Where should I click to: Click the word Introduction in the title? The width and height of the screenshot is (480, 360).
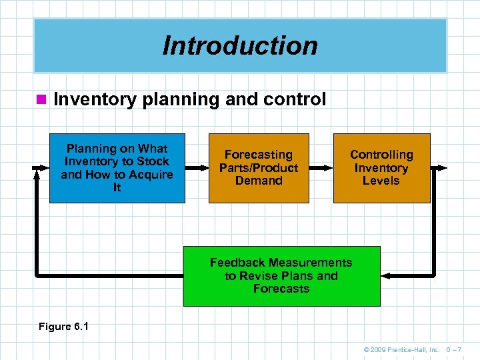point(240,46)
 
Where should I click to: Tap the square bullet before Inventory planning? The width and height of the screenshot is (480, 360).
point(41,100)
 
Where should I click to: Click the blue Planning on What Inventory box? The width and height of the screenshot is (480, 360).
point(117,168)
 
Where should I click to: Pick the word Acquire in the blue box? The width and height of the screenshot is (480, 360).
point(151,175)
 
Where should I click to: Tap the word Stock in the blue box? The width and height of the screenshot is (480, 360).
point(153,161)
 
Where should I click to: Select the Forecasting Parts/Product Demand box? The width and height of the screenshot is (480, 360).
point(259,168)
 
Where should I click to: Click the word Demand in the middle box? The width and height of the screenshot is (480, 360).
point(259,181)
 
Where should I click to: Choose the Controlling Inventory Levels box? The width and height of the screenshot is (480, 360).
point(381,168)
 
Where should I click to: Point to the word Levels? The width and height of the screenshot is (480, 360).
point(381,181)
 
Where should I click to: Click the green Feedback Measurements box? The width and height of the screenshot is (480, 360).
point(281,276)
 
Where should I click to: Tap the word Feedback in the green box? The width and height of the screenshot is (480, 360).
point(237,263)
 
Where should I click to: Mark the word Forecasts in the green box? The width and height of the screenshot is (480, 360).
point(281,289)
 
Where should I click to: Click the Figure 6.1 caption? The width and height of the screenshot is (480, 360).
point(64,327)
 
